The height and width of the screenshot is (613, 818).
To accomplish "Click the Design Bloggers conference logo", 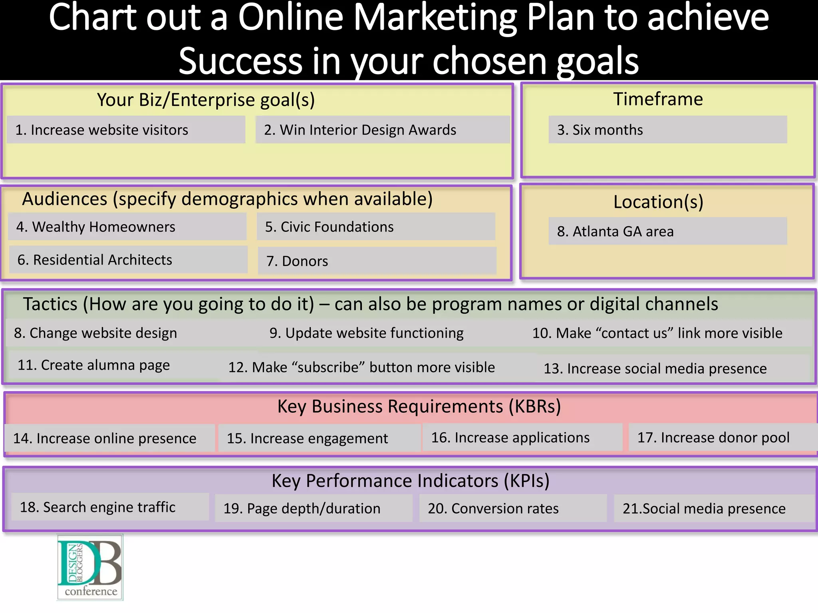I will [90, 567].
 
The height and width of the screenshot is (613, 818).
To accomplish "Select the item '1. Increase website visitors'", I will [101, 130].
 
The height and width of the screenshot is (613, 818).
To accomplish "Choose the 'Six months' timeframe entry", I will [600, 130].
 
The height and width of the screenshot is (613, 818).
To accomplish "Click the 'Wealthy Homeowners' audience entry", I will [96, 227].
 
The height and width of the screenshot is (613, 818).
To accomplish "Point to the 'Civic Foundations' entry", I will [329, 227].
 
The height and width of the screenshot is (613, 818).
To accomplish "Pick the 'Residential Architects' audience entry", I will [95, 260].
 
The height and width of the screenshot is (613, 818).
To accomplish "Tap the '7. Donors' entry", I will [297, 261].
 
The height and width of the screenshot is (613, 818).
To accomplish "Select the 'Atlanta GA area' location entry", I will [615, 231].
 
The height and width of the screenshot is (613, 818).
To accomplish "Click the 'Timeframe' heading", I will [658, 99].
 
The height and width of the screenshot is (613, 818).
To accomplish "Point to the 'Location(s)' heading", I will [658, 202].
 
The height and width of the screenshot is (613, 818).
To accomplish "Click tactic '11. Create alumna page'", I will [94, 365].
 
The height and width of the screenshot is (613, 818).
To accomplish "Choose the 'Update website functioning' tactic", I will [366, 333].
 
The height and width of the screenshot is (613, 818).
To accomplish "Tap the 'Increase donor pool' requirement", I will [713, 438].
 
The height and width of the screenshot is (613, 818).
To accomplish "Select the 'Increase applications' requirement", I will [510, 438].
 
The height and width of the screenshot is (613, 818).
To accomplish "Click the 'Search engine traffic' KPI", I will [98, 507].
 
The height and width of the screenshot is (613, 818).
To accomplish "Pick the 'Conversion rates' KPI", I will [493, 508].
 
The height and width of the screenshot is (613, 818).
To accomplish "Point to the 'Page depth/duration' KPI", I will [302, 508].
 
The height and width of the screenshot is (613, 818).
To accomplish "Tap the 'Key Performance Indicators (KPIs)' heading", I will [411, 481].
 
